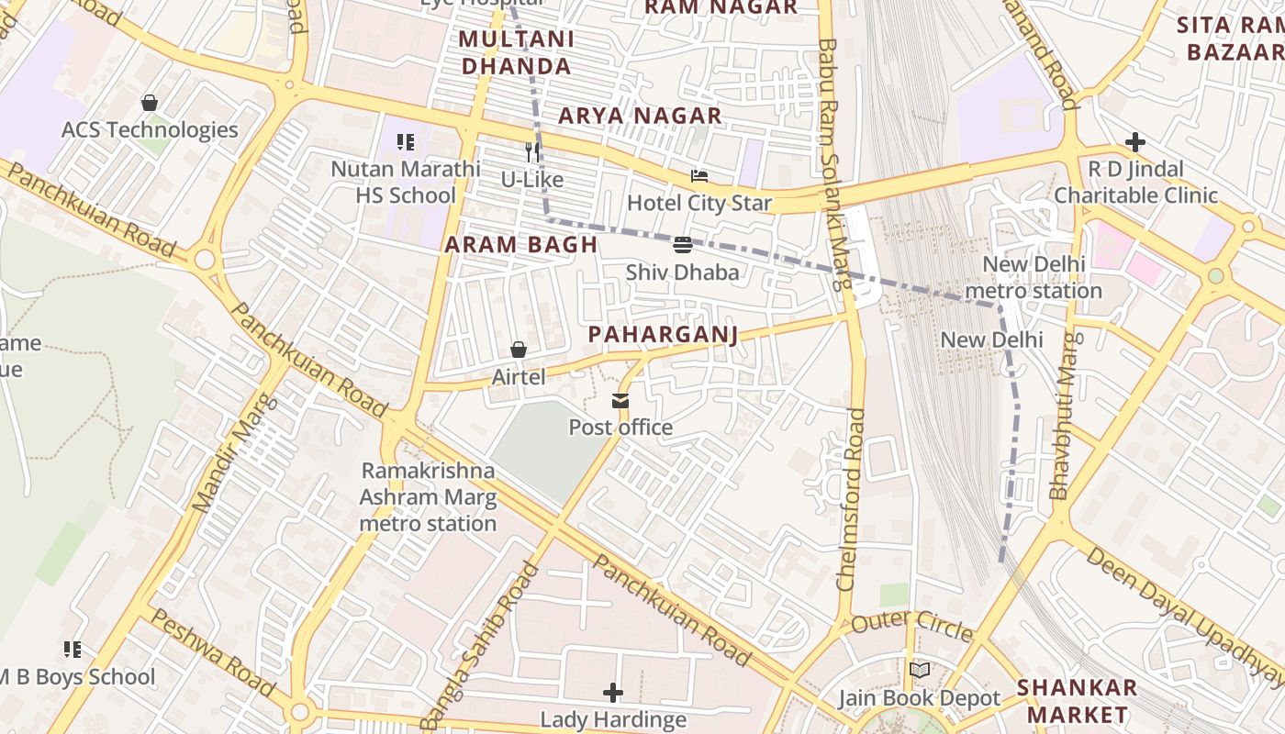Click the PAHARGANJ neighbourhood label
click(x=663, y=334)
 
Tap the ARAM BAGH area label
click(x=521, y=245)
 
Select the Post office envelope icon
click(x=620, y=401)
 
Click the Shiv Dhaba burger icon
click(x=682, y=245)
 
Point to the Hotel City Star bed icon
click(x=699, y=176)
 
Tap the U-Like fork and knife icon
click(x=532, y=151)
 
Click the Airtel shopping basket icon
click(x=519, y=350)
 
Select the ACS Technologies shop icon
click(x=150, y=103)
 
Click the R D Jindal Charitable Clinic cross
click(x=1135, y=142)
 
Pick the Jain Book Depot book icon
click(x=919, y=671)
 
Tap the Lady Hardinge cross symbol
click(x=613, y=692)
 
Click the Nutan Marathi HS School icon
click(x=405, y=142)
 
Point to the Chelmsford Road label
click(x=852, y=499)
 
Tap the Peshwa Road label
click(x=210, y=651)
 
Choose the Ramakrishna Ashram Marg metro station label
click(x=428, y=496)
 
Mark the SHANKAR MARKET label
click(x=1077, y=701)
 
